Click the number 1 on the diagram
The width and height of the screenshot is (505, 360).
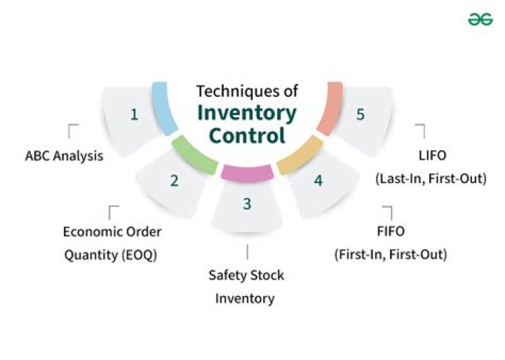click(134, 114)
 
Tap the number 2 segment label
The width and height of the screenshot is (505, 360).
click(174, 180)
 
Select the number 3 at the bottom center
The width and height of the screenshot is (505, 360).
click(247, 204)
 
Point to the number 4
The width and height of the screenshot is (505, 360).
click(318, 180)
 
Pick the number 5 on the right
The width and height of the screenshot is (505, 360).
click(361, 114)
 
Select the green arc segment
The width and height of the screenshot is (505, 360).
click(194, 154)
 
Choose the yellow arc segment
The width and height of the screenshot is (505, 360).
click(300, 155)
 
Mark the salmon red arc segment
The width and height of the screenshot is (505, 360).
click(331, 109)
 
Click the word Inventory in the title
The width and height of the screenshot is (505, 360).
click(247, 112)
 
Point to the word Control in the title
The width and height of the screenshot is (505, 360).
click(248, 135)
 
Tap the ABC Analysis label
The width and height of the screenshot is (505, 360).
click(64, 156)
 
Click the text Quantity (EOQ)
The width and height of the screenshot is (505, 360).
click(111, 255)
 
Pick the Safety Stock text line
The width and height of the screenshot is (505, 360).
click(246, 275)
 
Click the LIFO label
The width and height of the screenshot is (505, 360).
click(430, 156)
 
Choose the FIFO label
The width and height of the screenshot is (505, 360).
click(391, 231)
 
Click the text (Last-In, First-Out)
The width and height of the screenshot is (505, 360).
click(430, 178)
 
